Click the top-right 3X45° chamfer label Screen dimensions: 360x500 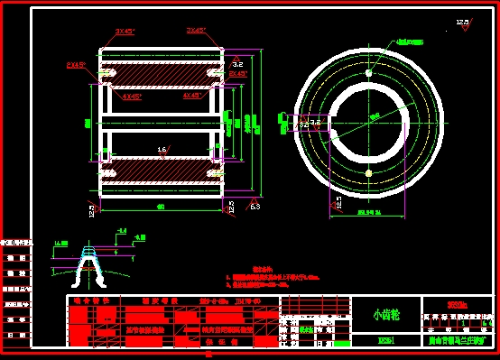pyautogui.click(x=196, y=30)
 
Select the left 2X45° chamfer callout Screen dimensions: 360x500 pyautogui.click(x=77, y=65)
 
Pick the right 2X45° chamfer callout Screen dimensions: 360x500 pyautogui.click(x=237, y=73)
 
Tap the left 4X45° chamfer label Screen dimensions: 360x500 pyautogui.click(x=132, y=96)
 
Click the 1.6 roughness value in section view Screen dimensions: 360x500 pyautogui.click(x=162, y=150)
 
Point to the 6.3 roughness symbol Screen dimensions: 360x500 pyautogui.click(x=255, y=207)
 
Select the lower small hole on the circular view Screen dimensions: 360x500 pyautogui.click(x=368, y=171)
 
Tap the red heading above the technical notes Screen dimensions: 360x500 pyautogui.click(x=262, y=269)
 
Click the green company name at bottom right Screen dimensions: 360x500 pyautogui.click(x=460, y=342)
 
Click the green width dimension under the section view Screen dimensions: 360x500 pyautogui.click(x=162, y=208)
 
